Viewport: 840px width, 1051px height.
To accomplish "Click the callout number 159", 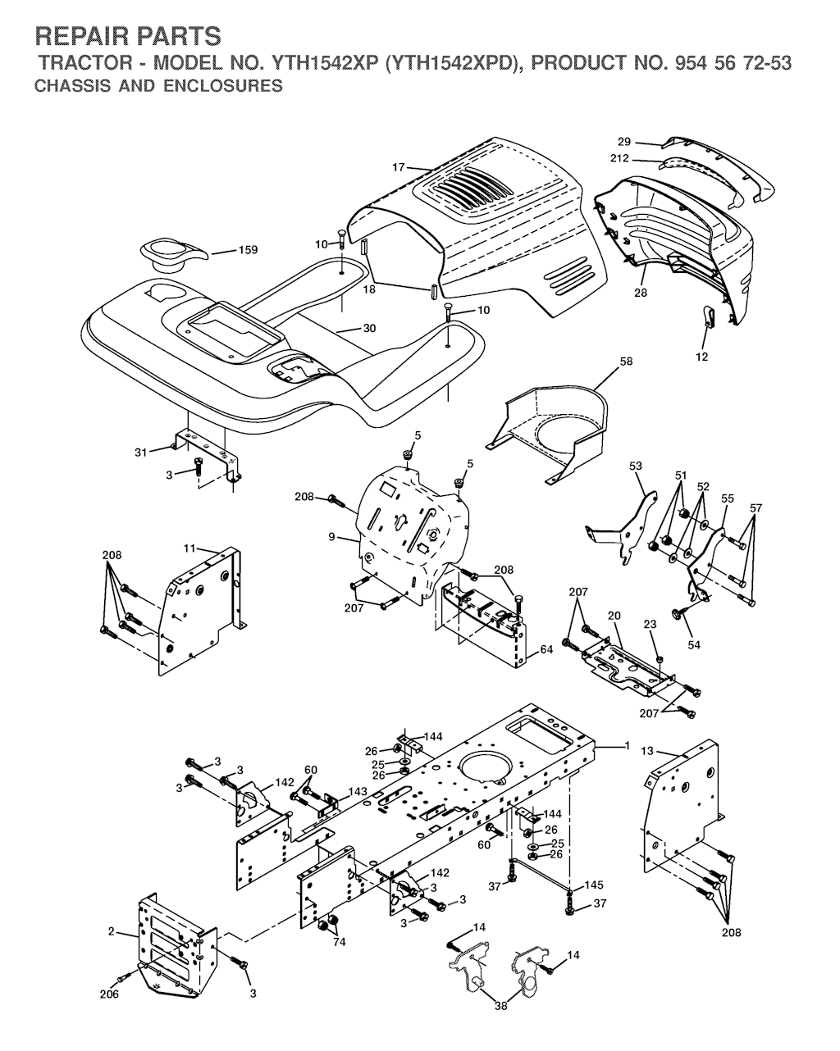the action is pyautogui.click(x=248, y=250).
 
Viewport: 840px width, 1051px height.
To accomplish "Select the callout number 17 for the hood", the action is pyautogui.click(x=398, y=167).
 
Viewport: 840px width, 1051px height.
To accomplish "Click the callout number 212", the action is pyautogui.click(x=619, y=159).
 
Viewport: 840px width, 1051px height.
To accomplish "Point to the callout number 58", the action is pyautogui.click(x=626, y=361).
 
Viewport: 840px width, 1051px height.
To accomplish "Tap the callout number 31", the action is pyautogui.click(x=141, y=453).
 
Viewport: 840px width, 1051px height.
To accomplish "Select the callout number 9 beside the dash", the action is pyautogui.click(x=331, y=537).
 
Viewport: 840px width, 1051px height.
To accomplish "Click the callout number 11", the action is pyautogui.click(x=189, y=548).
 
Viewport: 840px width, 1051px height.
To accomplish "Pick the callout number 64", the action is pyautogui.click(x=546, y=649).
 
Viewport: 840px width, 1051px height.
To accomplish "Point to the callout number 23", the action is pyautogui.click(x=650, y=624).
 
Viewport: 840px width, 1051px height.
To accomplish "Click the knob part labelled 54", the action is pyautogui.click(x=678, y=614).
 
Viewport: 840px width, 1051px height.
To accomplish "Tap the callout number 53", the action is pyautogui.click(x=635, y=466).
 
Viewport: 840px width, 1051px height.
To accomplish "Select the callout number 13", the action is pyautogui.click(x=647, y=751).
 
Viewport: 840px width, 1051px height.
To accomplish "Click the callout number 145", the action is pyautogui.click(x=594, y=885).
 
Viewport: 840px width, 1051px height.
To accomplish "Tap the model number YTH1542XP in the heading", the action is pyautogui.click(x=325, y=63).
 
